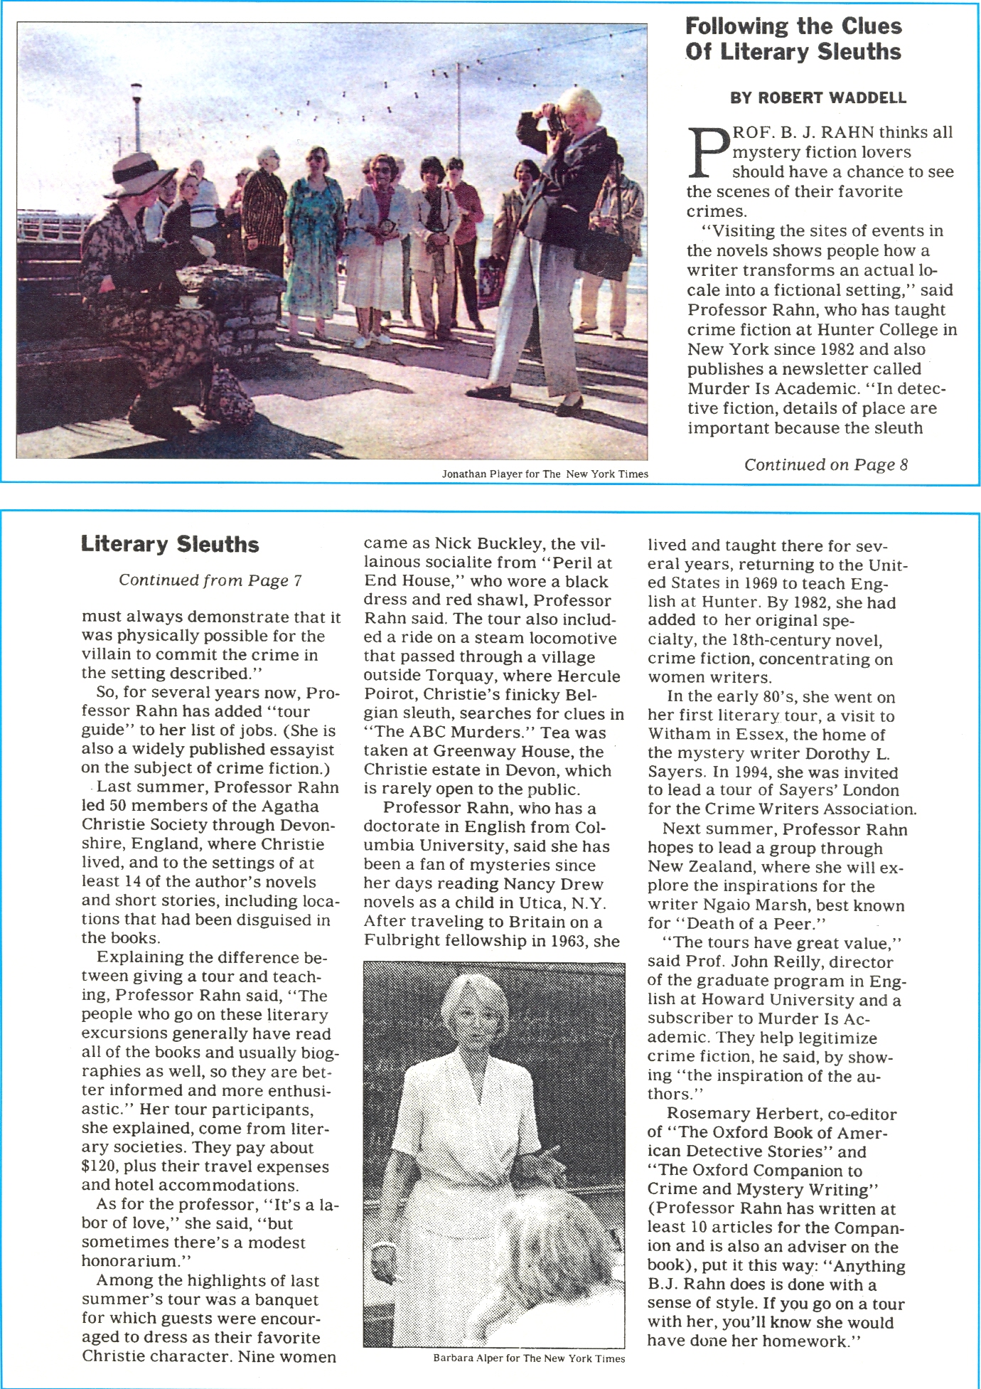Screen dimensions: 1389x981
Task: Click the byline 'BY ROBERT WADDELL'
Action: pos(818,98)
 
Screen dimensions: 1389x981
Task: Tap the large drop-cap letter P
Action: pos(709,152)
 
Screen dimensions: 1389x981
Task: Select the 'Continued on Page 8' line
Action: pos(826,464)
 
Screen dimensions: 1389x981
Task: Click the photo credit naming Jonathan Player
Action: pos(545,474)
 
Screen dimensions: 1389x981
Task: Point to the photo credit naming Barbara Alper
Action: pos(529,1358)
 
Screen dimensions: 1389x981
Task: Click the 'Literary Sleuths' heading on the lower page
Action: pos(170,544)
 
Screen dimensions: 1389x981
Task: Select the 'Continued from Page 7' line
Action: pos(210,580)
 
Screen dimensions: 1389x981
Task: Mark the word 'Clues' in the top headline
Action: pos(872,27)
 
